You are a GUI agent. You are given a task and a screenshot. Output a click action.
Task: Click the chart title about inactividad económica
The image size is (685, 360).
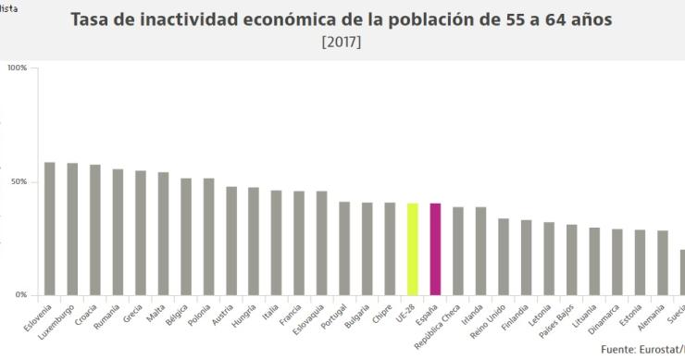point(342,20)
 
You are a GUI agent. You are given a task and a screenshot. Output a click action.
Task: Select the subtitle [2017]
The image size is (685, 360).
point(342,43)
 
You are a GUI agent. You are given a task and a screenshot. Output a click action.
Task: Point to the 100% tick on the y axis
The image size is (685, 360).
point(17,68)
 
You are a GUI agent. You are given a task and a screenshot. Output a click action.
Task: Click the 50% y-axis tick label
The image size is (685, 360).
point(19,182)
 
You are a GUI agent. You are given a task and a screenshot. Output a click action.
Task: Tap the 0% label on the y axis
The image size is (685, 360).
point(20,295)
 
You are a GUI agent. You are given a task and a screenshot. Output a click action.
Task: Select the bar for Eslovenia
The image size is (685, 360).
point(50,230)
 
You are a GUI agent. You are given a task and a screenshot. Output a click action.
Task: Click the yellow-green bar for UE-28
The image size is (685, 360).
point(413,250)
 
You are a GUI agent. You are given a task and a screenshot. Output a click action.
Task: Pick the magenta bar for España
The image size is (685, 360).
point(435,250)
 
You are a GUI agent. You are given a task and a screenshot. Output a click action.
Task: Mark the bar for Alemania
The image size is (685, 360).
point(662,264)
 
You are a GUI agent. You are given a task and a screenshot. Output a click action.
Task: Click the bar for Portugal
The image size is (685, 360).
point(344,249)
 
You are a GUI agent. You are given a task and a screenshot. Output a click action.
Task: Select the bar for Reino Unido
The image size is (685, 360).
point(504,257)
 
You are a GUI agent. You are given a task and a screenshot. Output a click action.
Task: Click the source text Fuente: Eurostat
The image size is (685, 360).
point(642,350)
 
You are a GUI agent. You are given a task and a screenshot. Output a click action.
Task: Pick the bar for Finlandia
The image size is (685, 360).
point(526,258)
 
